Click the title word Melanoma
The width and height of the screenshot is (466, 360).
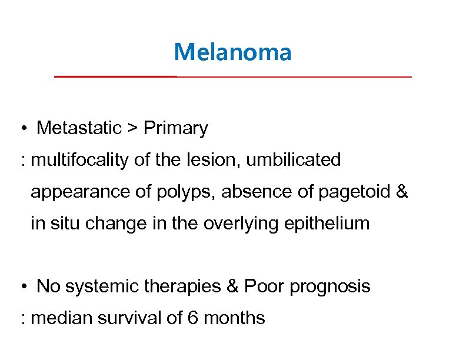tap(232, 52)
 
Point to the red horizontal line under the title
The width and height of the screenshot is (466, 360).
tap(232, 77)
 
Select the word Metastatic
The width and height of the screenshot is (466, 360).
tap(79, 128)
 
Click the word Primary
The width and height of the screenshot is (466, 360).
tap(175, 128)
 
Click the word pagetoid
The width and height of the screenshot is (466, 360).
tap(358, 192)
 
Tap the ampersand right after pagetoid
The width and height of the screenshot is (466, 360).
tap(402, 192)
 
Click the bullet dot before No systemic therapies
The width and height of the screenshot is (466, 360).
tap(22, 287)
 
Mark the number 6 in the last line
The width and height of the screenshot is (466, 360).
tap(192, 319)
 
